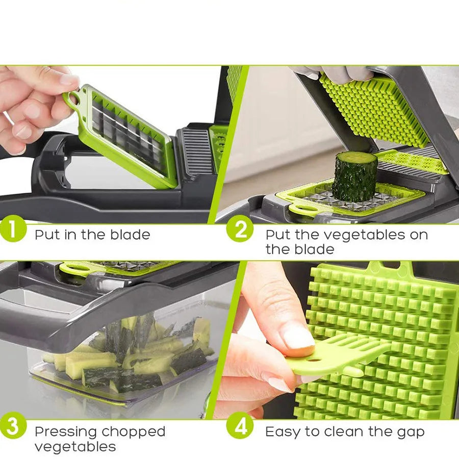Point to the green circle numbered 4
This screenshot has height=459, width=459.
pyautogui.click(x=239, y=426)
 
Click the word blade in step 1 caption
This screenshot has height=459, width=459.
pyautogui.click(x=131, y=235)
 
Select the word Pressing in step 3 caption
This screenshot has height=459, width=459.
pyautogui.click(x=65, y=432)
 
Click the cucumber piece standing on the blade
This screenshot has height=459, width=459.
pyautogui.click(x=355, y=176)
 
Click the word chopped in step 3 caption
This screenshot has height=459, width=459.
pyautogui.click(x=133, y=432)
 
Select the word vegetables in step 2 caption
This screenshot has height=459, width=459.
pyautogui.click(x=386, y=235)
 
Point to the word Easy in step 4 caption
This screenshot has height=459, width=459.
pyautogui.click(x=283, y=432)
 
